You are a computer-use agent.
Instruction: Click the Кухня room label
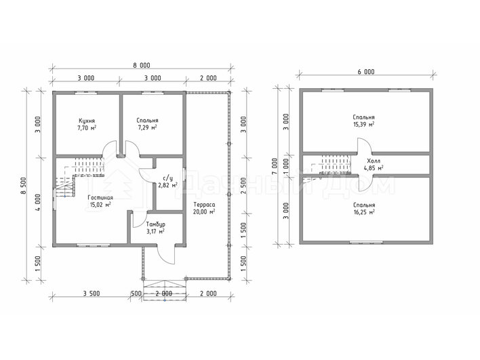click(87, 121)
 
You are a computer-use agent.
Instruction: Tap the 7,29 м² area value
click(148, 127)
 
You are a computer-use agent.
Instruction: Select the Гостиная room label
click(100, 198)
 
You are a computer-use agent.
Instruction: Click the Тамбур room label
click(155, 224)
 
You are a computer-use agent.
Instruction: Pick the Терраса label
click(204, 205)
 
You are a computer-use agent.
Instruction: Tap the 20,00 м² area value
click(204, 212)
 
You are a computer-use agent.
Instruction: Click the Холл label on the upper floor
click(374, 161)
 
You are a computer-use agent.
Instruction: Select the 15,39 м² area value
click(363, 124)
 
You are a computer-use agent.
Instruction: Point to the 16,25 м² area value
click(364, 212)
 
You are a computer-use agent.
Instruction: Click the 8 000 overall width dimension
click(142, 65)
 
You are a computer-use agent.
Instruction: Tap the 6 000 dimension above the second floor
click(366, 72)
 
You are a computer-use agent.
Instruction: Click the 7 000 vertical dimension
click(275, 166)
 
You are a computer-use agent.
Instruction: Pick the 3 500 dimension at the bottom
click(92, 294)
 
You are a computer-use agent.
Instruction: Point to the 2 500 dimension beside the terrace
click(243, 186)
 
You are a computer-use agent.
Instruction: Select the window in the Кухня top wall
click(86, 92)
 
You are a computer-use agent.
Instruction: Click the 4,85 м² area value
click(374, 167)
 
